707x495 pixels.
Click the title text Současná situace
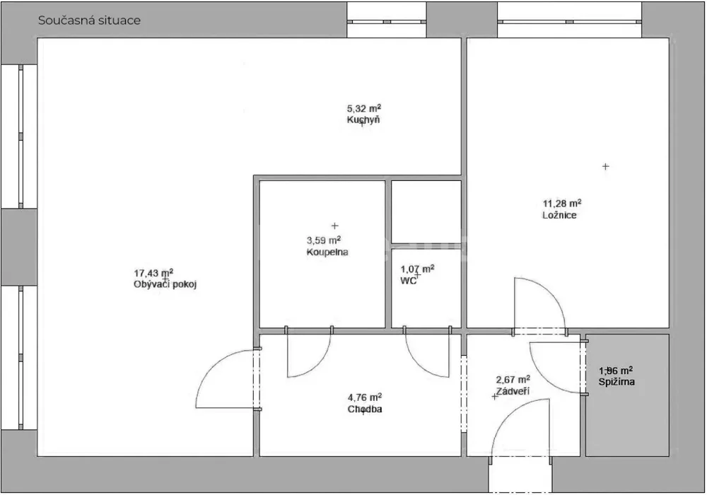tap(89, 21)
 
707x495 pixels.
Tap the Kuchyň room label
tap(363, 120)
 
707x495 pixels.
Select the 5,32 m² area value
tap(364, 108)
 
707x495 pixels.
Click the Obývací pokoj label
tap(165, 284)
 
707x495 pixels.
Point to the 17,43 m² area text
tap(153, 273)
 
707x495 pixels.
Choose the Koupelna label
tap(327, 252)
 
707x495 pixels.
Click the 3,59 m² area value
tap(324, 240)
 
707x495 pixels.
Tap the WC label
tap(408, 281)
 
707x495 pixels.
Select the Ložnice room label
tap(559, 215)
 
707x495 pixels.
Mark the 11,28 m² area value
tap(562, 204)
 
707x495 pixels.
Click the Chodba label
tap(365, 409)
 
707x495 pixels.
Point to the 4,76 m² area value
tap(365, 397)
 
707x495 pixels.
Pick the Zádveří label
tap(513, 391)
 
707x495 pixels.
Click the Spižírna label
tap(617, 382)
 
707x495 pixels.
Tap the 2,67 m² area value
tap(513, 380)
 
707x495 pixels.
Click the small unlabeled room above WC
tap(426, 212)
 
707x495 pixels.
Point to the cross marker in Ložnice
tap(606, 166)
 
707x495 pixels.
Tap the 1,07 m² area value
tap(418, 269)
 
